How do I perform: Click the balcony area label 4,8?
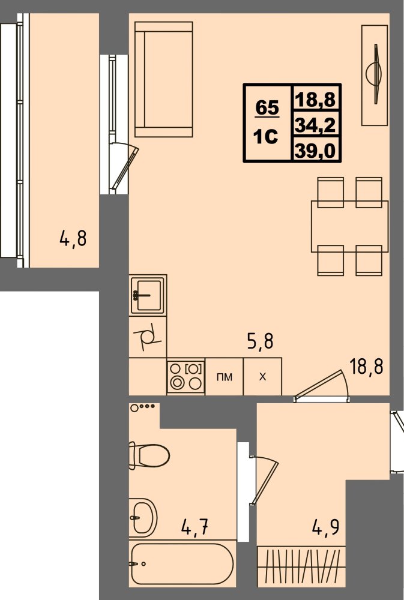click(73, 238)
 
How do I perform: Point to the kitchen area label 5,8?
click(260, 341)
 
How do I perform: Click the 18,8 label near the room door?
click(366, 367)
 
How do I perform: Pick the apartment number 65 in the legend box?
click(267, 107)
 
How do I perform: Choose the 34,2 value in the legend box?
click(316, 125)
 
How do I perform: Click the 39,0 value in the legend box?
click(316, 151)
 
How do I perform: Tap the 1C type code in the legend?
click(266, 136)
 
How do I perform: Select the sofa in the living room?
click(163, 79)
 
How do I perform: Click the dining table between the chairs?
click(349, 226)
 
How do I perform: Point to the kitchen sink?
click(148, 295)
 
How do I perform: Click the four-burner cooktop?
click(186, 377)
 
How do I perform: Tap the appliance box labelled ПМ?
click(225, 377)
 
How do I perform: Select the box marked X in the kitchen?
click(263, 377)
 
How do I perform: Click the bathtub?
click(182, 563)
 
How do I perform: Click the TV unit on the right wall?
click(375, 76)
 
